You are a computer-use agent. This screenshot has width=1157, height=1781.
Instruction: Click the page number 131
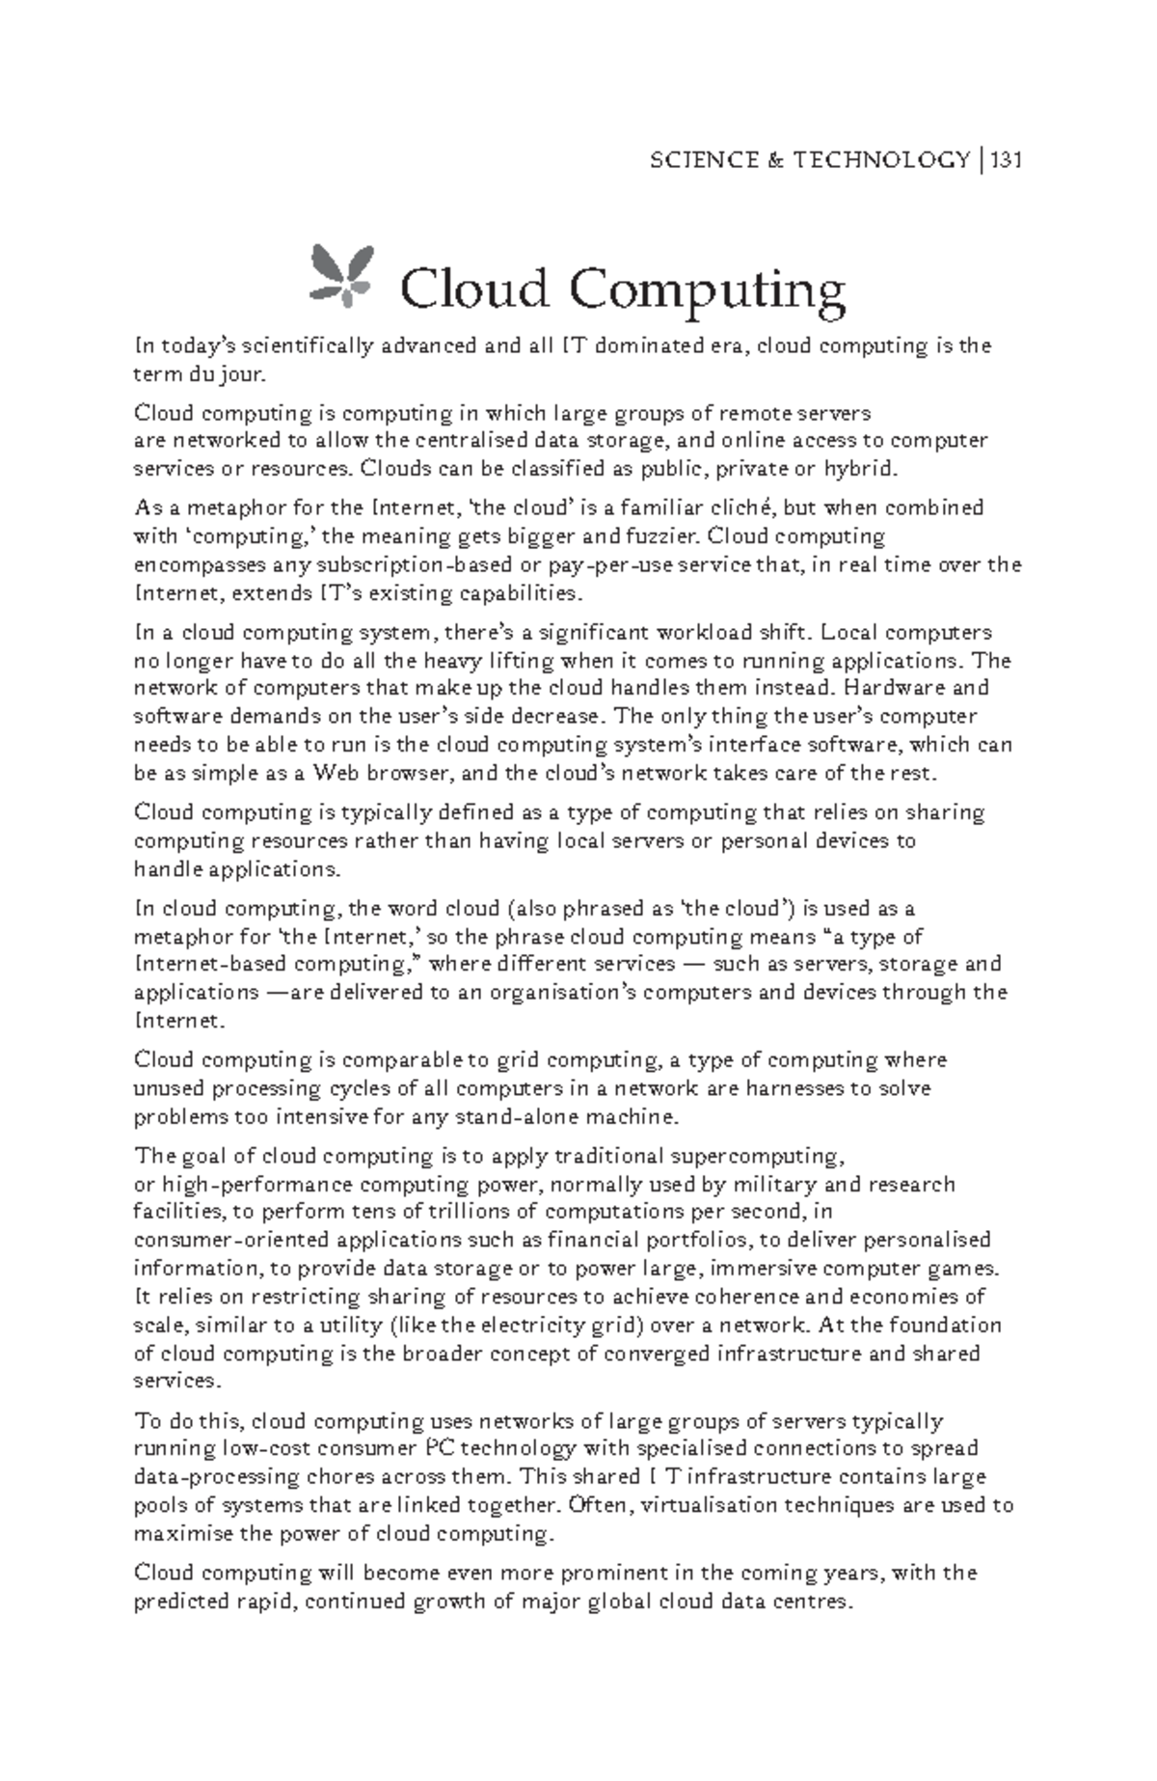[1004, 159]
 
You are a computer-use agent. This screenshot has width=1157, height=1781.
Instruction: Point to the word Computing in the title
[707, 289]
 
